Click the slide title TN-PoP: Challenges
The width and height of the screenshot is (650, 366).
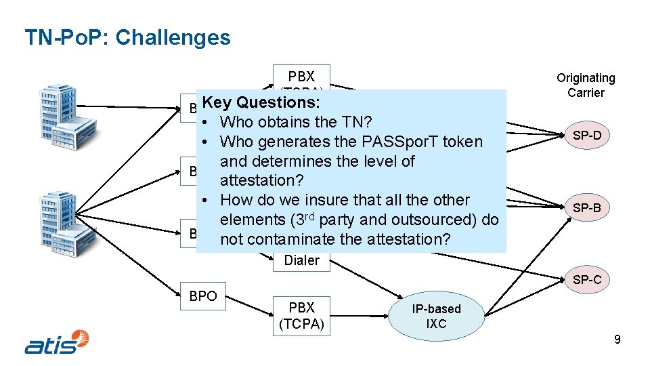tap(127, 37)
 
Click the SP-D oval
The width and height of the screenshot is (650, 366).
tap(587, 136)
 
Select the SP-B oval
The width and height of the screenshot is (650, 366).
tap(587, 207)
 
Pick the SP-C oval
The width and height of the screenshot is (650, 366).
tap(587, 279)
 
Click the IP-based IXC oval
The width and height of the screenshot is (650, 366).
tap(437, 317)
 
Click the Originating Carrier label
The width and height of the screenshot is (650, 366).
tap(586, 85)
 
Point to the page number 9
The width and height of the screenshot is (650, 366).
tap(617, 340)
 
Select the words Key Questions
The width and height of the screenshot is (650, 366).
tap(261, 102)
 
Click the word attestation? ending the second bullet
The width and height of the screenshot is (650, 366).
tap(263, 181)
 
